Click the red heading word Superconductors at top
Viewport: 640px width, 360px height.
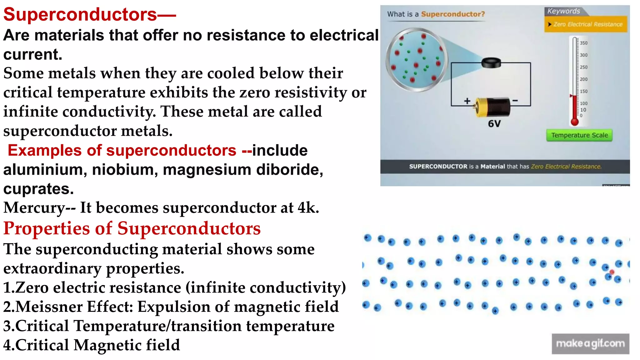[x=80, y=15]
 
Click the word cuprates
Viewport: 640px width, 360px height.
[x=38, y=189]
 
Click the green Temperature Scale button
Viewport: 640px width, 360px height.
[x=579, y=135]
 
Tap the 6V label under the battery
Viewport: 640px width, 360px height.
[x=494, y=124]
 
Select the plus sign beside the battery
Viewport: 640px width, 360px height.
[x=467, y=101]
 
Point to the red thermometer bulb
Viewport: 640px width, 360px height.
[x=574, y=122]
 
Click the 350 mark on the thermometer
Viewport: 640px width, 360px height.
[x=583, y=43]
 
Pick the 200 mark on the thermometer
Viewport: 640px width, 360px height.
[x=583, y=79]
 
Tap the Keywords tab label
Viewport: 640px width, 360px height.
[x=563, y=11]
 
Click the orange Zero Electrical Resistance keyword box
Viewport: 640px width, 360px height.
[x=586, y=24]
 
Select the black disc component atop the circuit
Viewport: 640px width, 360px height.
[x=491, y=62]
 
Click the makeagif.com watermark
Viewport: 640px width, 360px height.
[x=590, y=344]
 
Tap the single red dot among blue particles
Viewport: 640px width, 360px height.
[x=612, y=272]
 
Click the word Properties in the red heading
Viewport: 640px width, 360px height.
[x=47, y=228]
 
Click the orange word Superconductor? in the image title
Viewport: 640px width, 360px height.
[x=453, y=14]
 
